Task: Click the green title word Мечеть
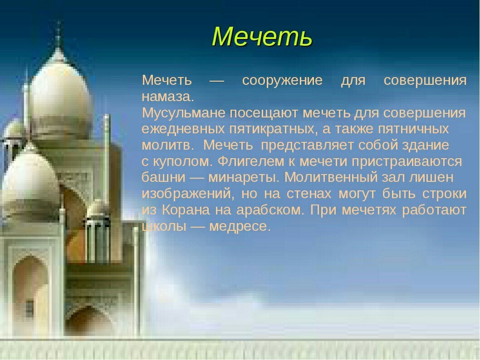(x=262, y=37)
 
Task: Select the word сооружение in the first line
(x=282, y=80)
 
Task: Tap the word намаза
(x=168, y=97)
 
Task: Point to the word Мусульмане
(x=184, y=113)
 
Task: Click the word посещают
(x=264, y=113)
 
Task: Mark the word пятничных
(x=414, y=129)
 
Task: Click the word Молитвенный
(x=331, y=177)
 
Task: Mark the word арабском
(x=270, y=210)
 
